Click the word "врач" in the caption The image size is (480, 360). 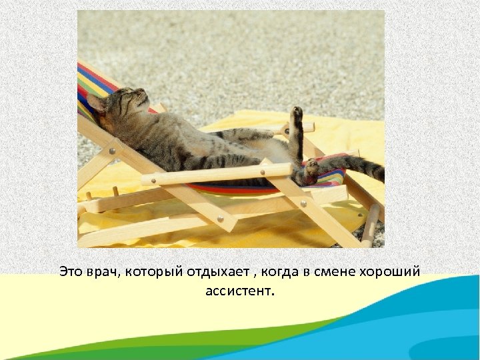tap(101, 272)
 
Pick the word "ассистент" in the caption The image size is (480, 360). tap(240, 291)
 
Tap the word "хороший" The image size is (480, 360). tap(390, 272)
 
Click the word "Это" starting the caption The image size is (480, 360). tap(71, 272)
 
